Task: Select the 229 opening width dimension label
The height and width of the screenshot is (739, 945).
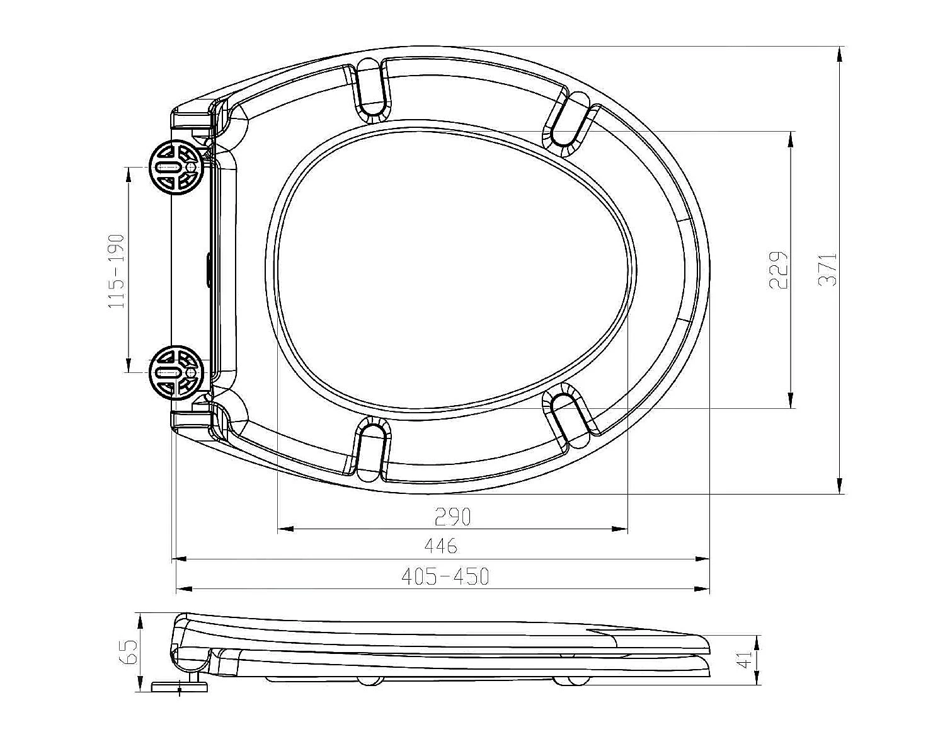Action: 779,270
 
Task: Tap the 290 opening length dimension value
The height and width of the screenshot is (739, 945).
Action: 452,517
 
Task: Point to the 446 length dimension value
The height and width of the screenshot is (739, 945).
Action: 441,546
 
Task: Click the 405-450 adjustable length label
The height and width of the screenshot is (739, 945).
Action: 445,576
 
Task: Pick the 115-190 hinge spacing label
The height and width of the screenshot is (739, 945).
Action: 117,271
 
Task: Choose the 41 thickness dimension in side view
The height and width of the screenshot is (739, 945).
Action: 745,661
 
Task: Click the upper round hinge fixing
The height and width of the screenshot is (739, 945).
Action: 176,168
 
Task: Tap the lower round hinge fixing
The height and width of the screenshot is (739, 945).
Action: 176,372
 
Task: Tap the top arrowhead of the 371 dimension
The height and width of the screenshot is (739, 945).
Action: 839,54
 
